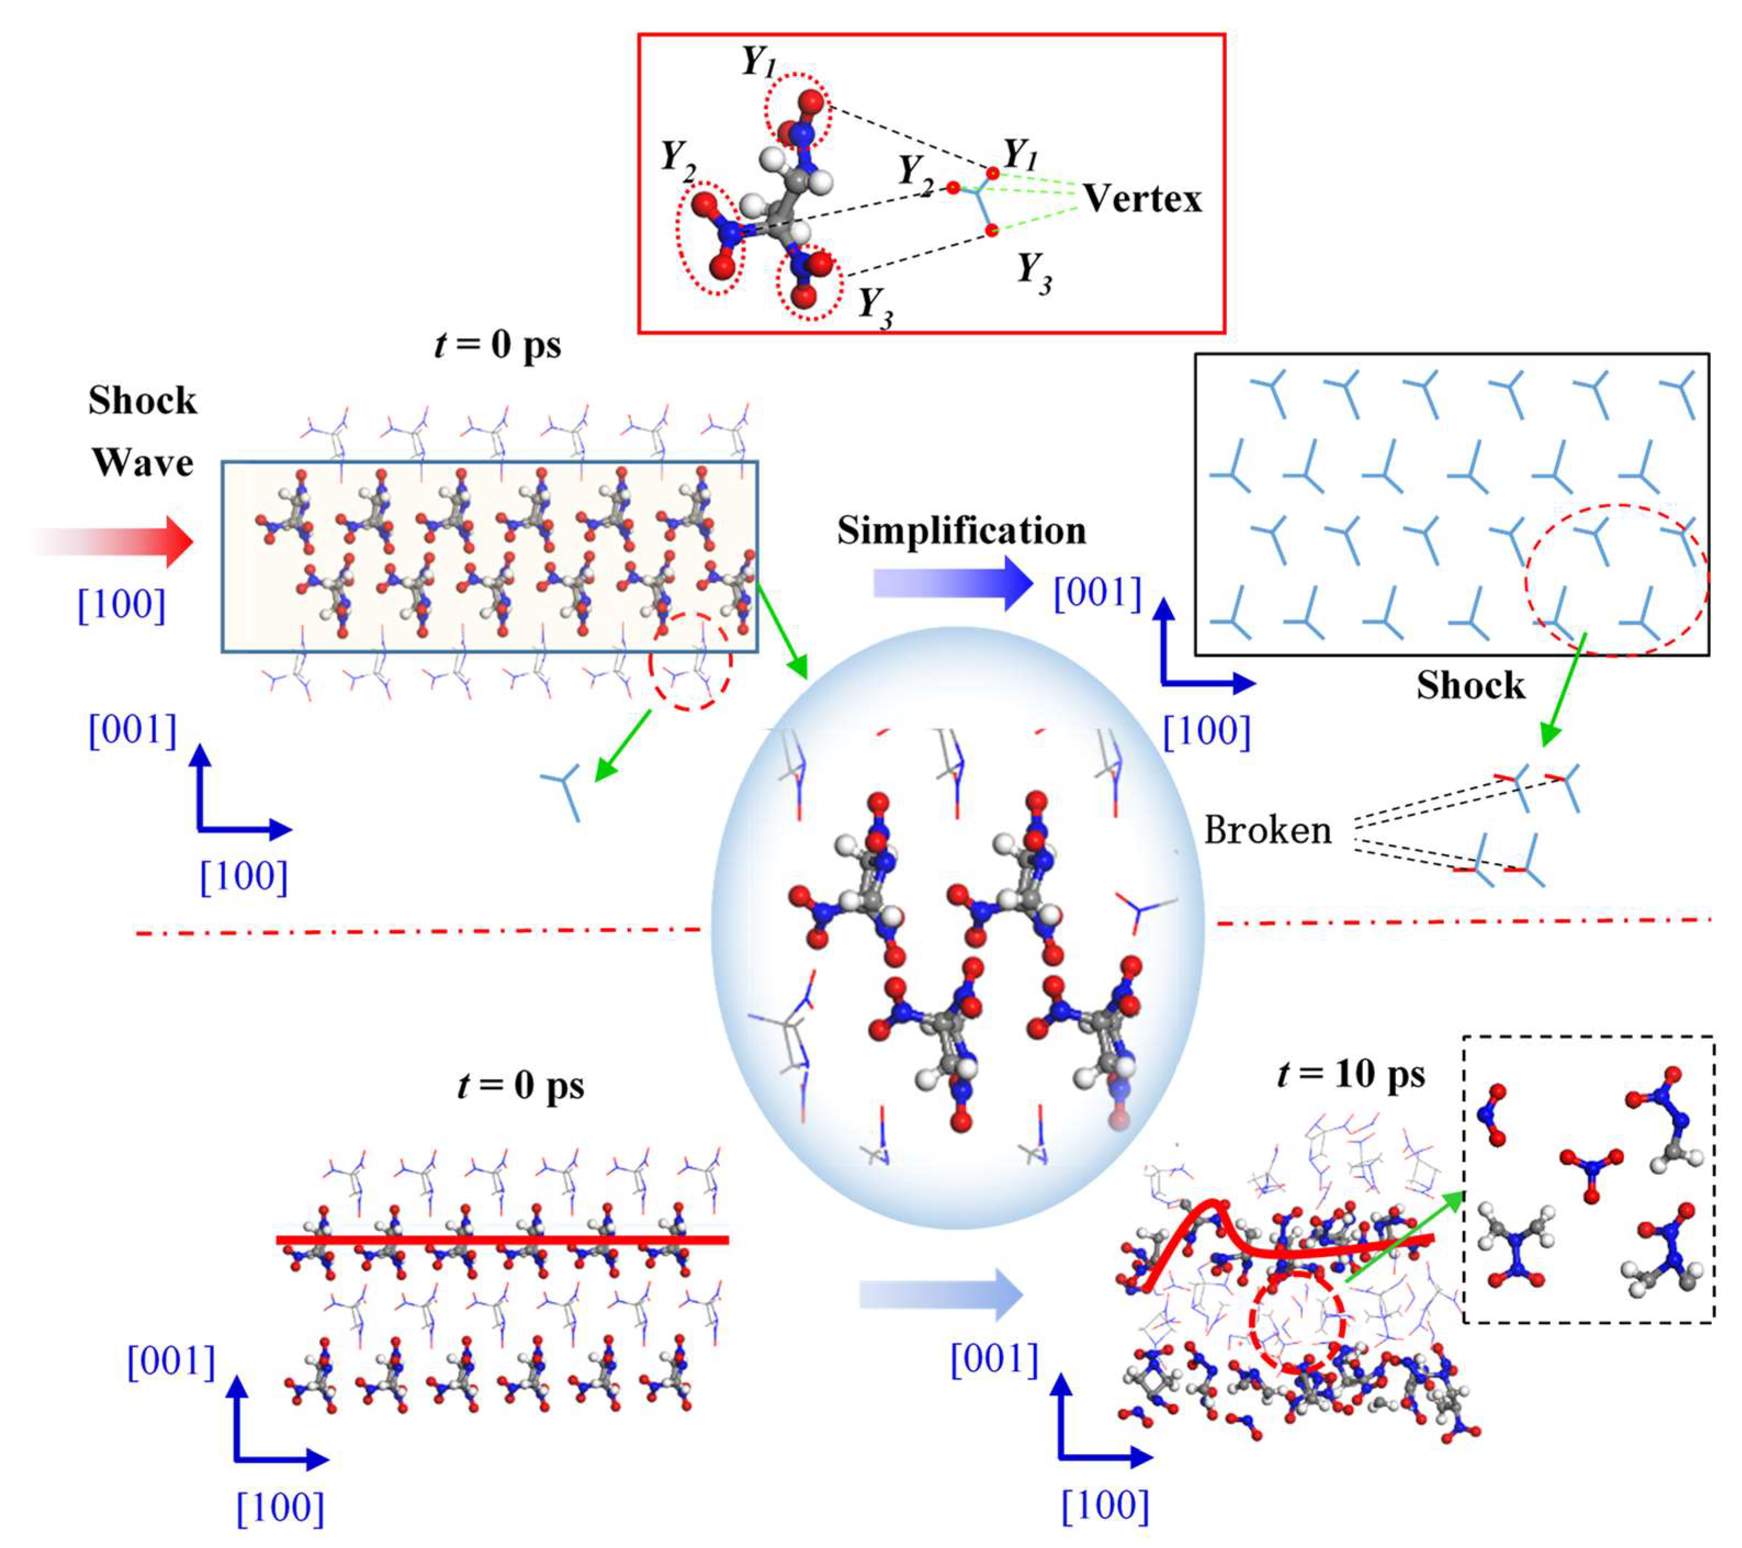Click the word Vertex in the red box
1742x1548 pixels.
(1142, 199)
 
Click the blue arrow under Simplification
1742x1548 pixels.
(953, 584)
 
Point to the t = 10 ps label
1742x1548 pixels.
(1351, 1075)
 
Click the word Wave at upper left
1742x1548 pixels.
(142, 463)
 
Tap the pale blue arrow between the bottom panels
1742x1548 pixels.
(940, 1296)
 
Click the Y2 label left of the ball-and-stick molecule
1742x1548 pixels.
(678, 159)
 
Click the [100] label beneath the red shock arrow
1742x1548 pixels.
(121, 605)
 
